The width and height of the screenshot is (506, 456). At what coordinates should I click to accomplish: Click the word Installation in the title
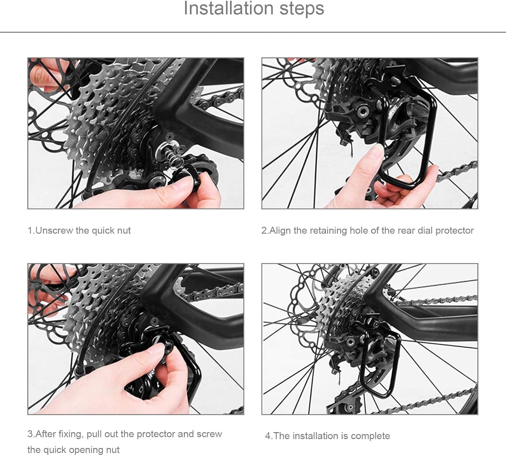click(228, 8)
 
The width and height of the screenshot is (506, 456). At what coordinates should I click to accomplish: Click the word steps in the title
click(302, 9)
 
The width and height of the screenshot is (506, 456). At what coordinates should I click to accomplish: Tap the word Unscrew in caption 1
click(54, 231)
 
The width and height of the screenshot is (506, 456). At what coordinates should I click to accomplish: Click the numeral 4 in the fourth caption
click(268, 436)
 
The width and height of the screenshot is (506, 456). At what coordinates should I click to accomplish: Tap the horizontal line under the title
click(253, 32)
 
